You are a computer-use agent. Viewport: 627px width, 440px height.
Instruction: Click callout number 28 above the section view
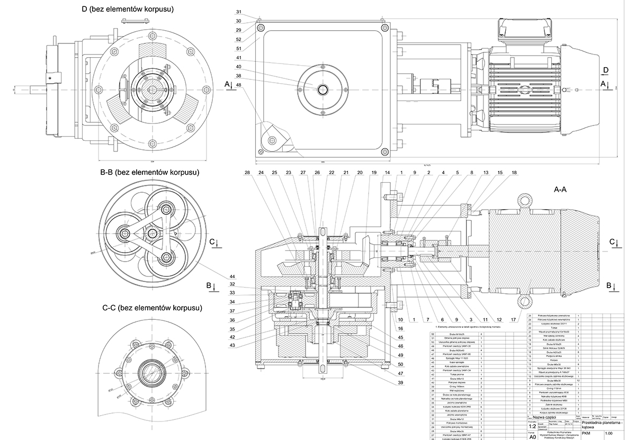click(x=247, y=173)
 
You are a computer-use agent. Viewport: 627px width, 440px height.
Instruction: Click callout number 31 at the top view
click(x=239, y=12)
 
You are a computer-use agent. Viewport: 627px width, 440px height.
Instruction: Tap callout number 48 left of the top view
click(x=239, y=85)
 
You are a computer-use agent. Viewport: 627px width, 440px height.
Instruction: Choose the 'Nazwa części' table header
click(x=551, y=417)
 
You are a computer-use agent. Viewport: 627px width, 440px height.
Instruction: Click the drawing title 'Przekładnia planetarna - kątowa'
click(x=601, y=425)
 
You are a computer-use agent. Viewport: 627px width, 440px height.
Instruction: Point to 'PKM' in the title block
click(x=586, y=433)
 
